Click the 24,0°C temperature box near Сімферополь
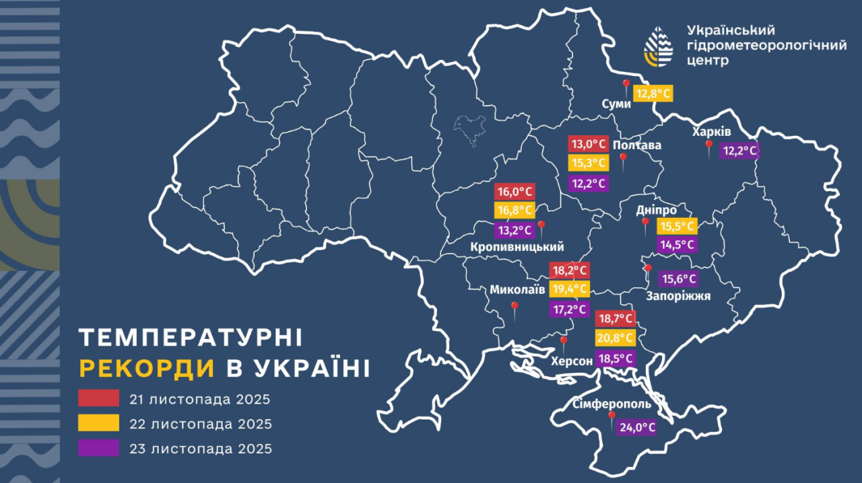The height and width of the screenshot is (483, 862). (636, 427)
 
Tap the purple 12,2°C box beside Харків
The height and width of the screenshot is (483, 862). (739, 151)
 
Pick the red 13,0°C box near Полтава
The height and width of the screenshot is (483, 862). (588, 144)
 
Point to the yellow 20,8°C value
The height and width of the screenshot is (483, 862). (615, 338)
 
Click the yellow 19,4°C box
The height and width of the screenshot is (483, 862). (569, 289)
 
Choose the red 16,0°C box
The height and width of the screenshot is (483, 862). (515, 191)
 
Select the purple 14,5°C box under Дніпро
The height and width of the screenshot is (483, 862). (677, 245)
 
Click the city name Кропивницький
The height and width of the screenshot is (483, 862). (517, 247)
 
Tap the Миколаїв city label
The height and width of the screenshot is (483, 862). (517, 289)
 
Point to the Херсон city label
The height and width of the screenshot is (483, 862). (572, 361)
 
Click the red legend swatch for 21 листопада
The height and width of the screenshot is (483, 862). (98, 398)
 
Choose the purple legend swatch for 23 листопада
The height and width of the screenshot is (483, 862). (98, 448)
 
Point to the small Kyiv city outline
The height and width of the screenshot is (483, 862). (471, 128)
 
